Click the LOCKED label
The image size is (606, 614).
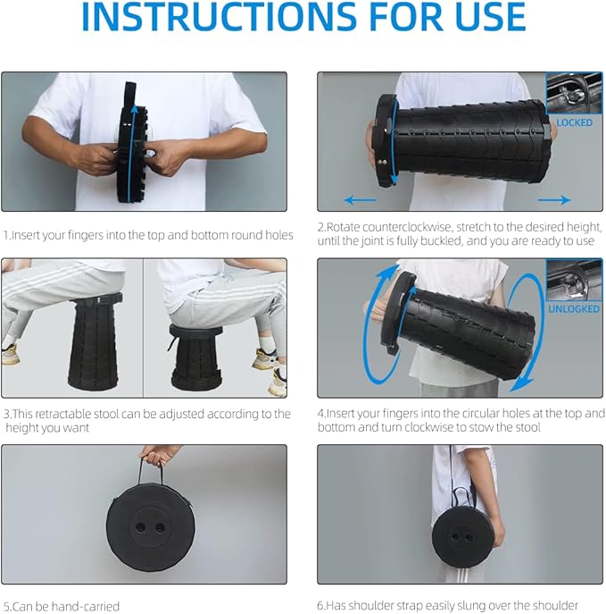[574, 122]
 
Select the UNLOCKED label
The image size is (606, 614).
[574, 309]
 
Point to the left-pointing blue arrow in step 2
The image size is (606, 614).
[360, 200]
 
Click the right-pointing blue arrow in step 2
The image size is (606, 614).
[554, 200]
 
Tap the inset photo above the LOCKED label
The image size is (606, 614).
[574, 93]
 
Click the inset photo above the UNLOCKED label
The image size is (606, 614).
[574, 280]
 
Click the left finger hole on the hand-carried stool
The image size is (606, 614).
[140, 527]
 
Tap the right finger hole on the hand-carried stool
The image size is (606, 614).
[160, 527]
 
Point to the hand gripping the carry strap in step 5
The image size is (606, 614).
[157, 453]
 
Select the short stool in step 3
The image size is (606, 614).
[195, 357]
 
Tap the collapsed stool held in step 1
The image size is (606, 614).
[131, 143]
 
